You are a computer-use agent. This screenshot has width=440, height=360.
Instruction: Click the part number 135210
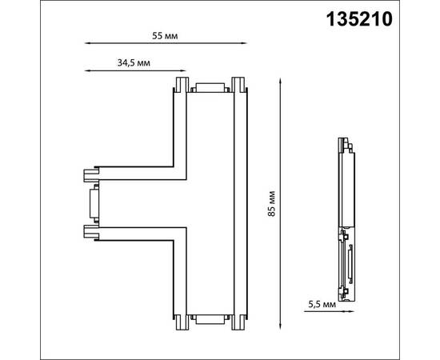tap(359, 19)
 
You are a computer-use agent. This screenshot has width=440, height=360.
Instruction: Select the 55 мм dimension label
tap(165, 36)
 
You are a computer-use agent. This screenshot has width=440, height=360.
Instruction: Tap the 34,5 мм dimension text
tap(134, 63)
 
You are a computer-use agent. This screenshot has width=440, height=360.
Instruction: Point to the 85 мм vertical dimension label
tap(271, 203)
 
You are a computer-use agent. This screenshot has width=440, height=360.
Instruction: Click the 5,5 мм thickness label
tap(322, 304)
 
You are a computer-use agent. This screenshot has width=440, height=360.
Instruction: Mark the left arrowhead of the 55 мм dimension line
tap(87, 43)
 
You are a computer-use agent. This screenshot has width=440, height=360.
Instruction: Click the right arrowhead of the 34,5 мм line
tap(183, 70)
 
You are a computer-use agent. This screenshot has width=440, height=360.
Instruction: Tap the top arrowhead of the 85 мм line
tap(280, 81)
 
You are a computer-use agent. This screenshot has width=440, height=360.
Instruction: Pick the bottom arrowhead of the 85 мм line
tap(280, 326)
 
